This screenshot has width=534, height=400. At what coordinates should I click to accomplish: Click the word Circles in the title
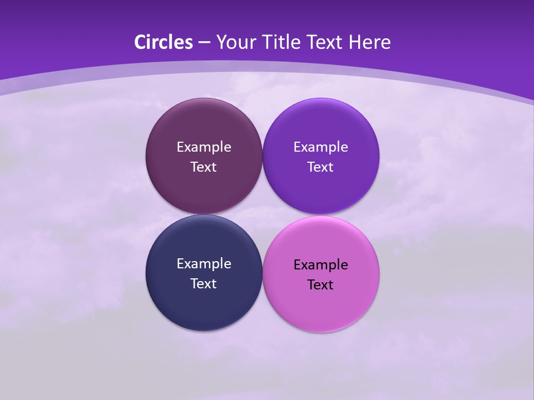click(164, 42)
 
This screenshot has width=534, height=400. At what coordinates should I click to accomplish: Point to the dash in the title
click(204, 43)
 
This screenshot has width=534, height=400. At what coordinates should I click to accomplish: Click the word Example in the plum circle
click(204, 147)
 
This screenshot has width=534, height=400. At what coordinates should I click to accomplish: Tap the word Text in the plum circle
click(204, 167)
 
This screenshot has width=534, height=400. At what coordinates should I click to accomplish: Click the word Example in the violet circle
click(321, 147)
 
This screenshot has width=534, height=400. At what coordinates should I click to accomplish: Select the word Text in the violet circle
click(321, 167)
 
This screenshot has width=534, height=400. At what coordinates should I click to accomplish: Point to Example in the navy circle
click(204, 264)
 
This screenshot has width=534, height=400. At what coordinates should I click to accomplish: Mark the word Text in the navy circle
click(204, 284)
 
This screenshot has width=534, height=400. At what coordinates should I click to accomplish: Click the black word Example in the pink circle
click(321, 265)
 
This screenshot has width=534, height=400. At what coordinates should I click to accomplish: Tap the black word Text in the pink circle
click(321, 285)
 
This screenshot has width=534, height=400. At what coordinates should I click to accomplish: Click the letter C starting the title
click(140, 42)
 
